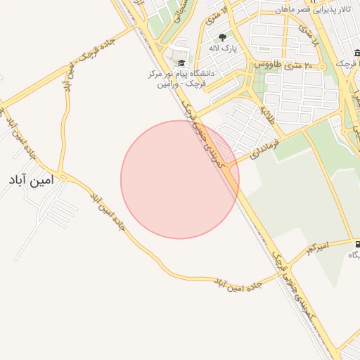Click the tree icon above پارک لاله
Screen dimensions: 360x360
pyautogui.click(x=223, y=37)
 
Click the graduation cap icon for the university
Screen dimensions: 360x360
pyautogui.click(x=182, y=63)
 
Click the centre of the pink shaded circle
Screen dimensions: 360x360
pyautogui.click(x=180, y=179)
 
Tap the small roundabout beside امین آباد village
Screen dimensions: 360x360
pyautogui.click(x=63, y=176)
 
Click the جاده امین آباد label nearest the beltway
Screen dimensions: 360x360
pyautogui.click(x=238, y=284)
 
